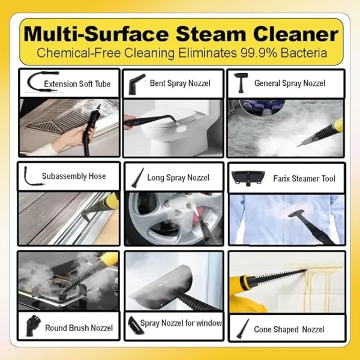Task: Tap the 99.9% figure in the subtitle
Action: coord(258,53)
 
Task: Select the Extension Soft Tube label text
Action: coord(77,84)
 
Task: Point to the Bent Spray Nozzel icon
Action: coord(137,84)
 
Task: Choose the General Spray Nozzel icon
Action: coord(241,83)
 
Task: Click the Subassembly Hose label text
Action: coord(74,176)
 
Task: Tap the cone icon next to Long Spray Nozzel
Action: coord(137,178)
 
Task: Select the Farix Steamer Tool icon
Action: coord(248,178)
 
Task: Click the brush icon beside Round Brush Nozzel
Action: coord(33,326)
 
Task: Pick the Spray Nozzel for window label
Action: coord(181,323)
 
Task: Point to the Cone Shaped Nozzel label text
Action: coord(289,329)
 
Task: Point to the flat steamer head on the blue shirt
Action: coord(299,214)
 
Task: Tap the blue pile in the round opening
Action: coord(262,107)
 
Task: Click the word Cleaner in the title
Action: coord(296,34)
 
